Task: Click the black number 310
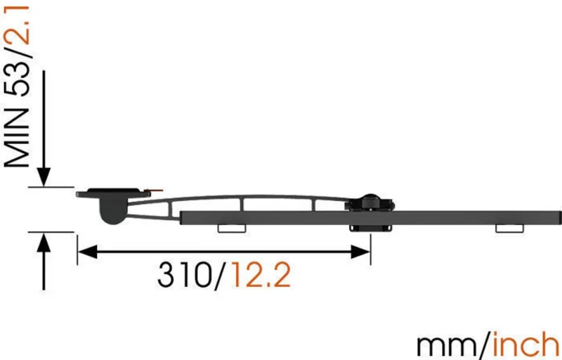pyautogui.click(x=185, y=275)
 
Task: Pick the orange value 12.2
pyautogui.click(x=261, y=275)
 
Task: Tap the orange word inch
pyautogui.click(x=527, y=344)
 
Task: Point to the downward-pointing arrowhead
pyautogui.click(x=44, y=176)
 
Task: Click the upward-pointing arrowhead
pyautogui.click(x=44, y=242)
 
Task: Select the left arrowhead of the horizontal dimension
pyautogui.click(x=87, y=252)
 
